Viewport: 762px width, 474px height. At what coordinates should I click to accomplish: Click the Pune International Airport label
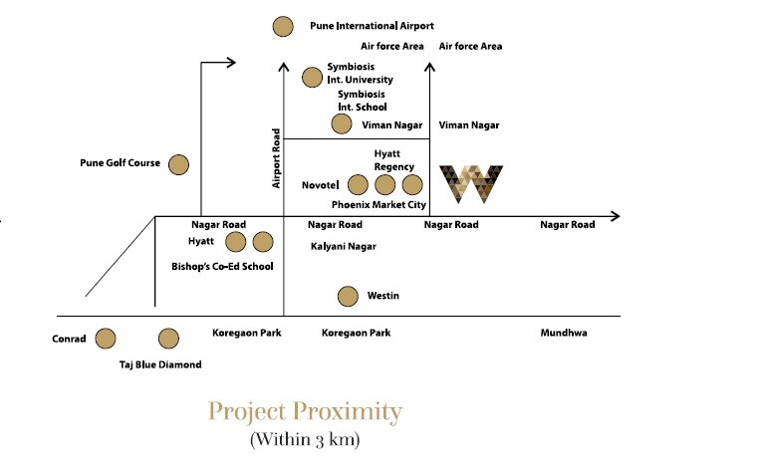(x=365, y=26)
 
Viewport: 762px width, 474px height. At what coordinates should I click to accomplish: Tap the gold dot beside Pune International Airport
(x=283, y=27)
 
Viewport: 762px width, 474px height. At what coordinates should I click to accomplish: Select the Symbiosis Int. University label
(x=360, y=73)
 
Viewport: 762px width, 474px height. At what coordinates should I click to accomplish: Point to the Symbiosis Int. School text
(x=362, y=101)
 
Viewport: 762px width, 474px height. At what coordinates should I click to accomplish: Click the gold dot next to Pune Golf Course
(x=179, y=163)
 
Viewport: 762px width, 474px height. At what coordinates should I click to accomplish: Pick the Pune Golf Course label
(x=120, y=163)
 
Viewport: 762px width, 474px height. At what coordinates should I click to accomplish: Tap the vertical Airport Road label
(x=278, y=157)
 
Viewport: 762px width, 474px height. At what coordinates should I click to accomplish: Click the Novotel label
(x=321, y=184)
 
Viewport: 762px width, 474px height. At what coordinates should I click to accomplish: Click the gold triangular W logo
(x=471, y=182)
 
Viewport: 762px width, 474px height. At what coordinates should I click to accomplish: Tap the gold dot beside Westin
(x=348, y=296)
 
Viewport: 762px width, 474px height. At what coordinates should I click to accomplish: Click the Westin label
(x=383, y=296)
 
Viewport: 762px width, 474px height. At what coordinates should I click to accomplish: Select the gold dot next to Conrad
(x=106, y=339)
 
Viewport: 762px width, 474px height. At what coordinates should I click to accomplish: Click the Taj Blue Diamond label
(x=159, y=364)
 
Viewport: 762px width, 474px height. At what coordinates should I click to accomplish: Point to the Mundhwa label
(x=564, y=333)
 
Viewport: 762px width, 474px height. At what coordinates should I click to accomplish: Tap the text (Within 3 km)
(x=304, y=438)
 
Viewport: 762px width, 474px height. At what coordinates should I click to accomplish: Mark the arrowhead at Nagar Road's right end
(x=614, y=216)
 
